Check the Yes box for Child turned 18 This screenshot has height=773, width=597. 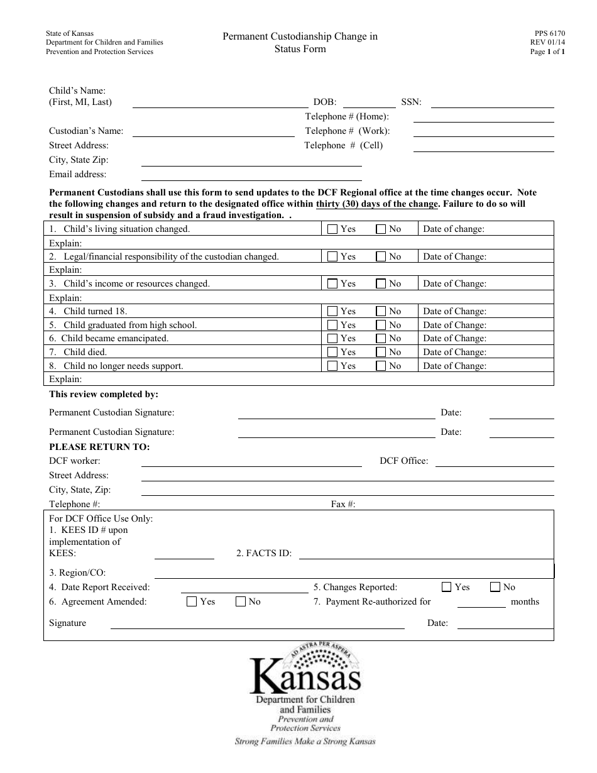pos(333,311)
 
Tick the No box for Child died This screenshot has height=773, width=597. pos(381,352)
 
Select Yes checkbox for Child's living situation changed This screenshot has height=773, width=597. pos(333,229)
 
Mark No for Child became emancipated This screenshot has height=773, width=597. pos(381,338)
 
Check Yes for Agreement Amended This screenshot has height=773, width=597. pos(192,601)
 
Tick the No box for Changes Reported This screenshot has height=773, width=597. pos(495,587)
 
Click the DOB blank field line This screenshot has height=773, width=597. pos(369,102)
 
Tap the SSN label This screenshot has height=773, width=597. pos(412,102)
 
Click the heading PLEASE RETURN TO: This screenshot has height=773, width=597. pos(99,447)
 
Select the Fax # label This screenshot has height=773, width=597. pos(343,504)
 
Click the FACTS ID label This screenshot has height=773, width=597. pos(264,553)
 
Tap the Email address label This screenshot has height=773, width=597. pos(78,174)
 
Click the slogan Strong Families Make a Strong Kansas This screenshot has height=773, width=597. pos(305,742)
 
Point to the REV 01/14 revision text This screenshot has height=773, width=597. pos(548,44)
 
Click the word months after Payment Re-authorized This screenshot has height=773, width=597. pos(525,601)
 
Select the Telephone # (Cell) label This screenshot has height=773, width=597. pos(344,145)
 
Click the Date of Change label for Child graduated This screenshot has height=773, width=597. pos(454,325)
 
